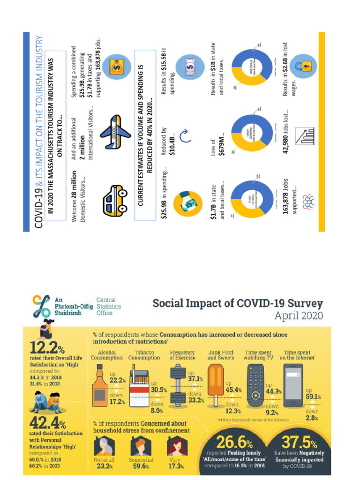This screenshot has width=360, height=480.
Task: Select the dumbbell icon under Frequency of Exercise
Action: click(x=180, y=387)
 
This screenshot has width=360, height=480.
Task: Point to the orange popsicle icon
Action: click(x=215, y=384)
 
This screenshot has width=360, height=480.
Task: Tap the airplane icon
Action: click(x=115, y=131)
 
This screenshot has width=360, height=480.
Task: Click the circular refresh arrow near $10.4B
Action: click(x=185, y=136)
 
